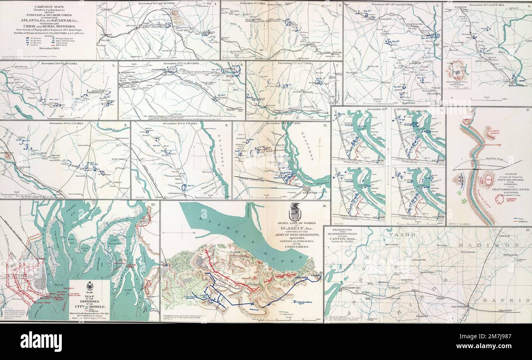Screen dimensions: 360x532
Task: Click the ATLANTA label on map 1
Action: coord(106,35)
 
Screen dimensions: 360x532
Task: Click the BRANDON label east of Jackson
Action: coord(506,311)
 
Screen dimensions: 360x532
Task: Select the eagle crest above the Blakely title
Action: coord(295,212)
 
